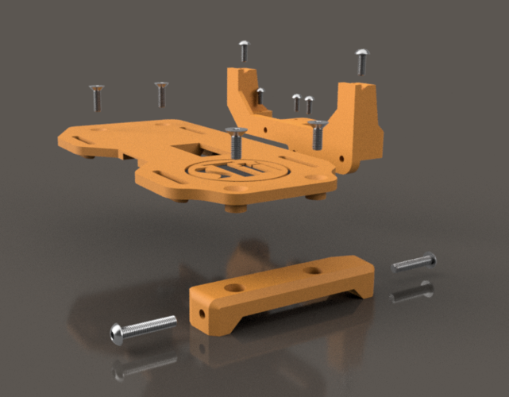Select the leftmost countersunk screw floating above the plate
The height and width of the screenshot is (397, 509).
click(x=96, y=97)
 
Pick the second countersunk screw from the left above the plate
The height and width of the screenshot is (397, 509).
click(x=162, y=93)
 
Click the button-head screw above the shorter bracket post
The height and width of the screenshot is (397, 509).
click(x=244, y=51)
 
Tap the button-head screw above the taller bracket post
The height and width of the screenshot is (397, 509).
click(x=361, y=61)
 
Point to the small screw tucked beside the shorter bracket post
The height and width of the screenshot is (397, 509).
click(x=260, y=96)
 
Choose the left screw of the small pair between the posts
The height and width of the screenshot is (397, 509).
click(x=296, y=102)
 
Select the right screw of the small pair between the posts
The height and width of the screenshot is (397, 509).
click(x=309, y=103)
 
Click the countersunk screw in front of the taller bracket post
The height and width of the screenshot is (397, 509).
click(x=318, y=133)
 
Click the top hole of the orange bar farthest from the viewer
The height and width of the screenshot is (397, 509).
click(x=314, y=270)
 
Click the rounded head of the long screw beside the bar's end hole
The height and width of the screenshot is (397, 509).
click(x=118, y=333)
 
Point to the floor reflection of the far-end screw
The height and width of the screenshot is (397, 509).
click(x=412, y=291)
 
